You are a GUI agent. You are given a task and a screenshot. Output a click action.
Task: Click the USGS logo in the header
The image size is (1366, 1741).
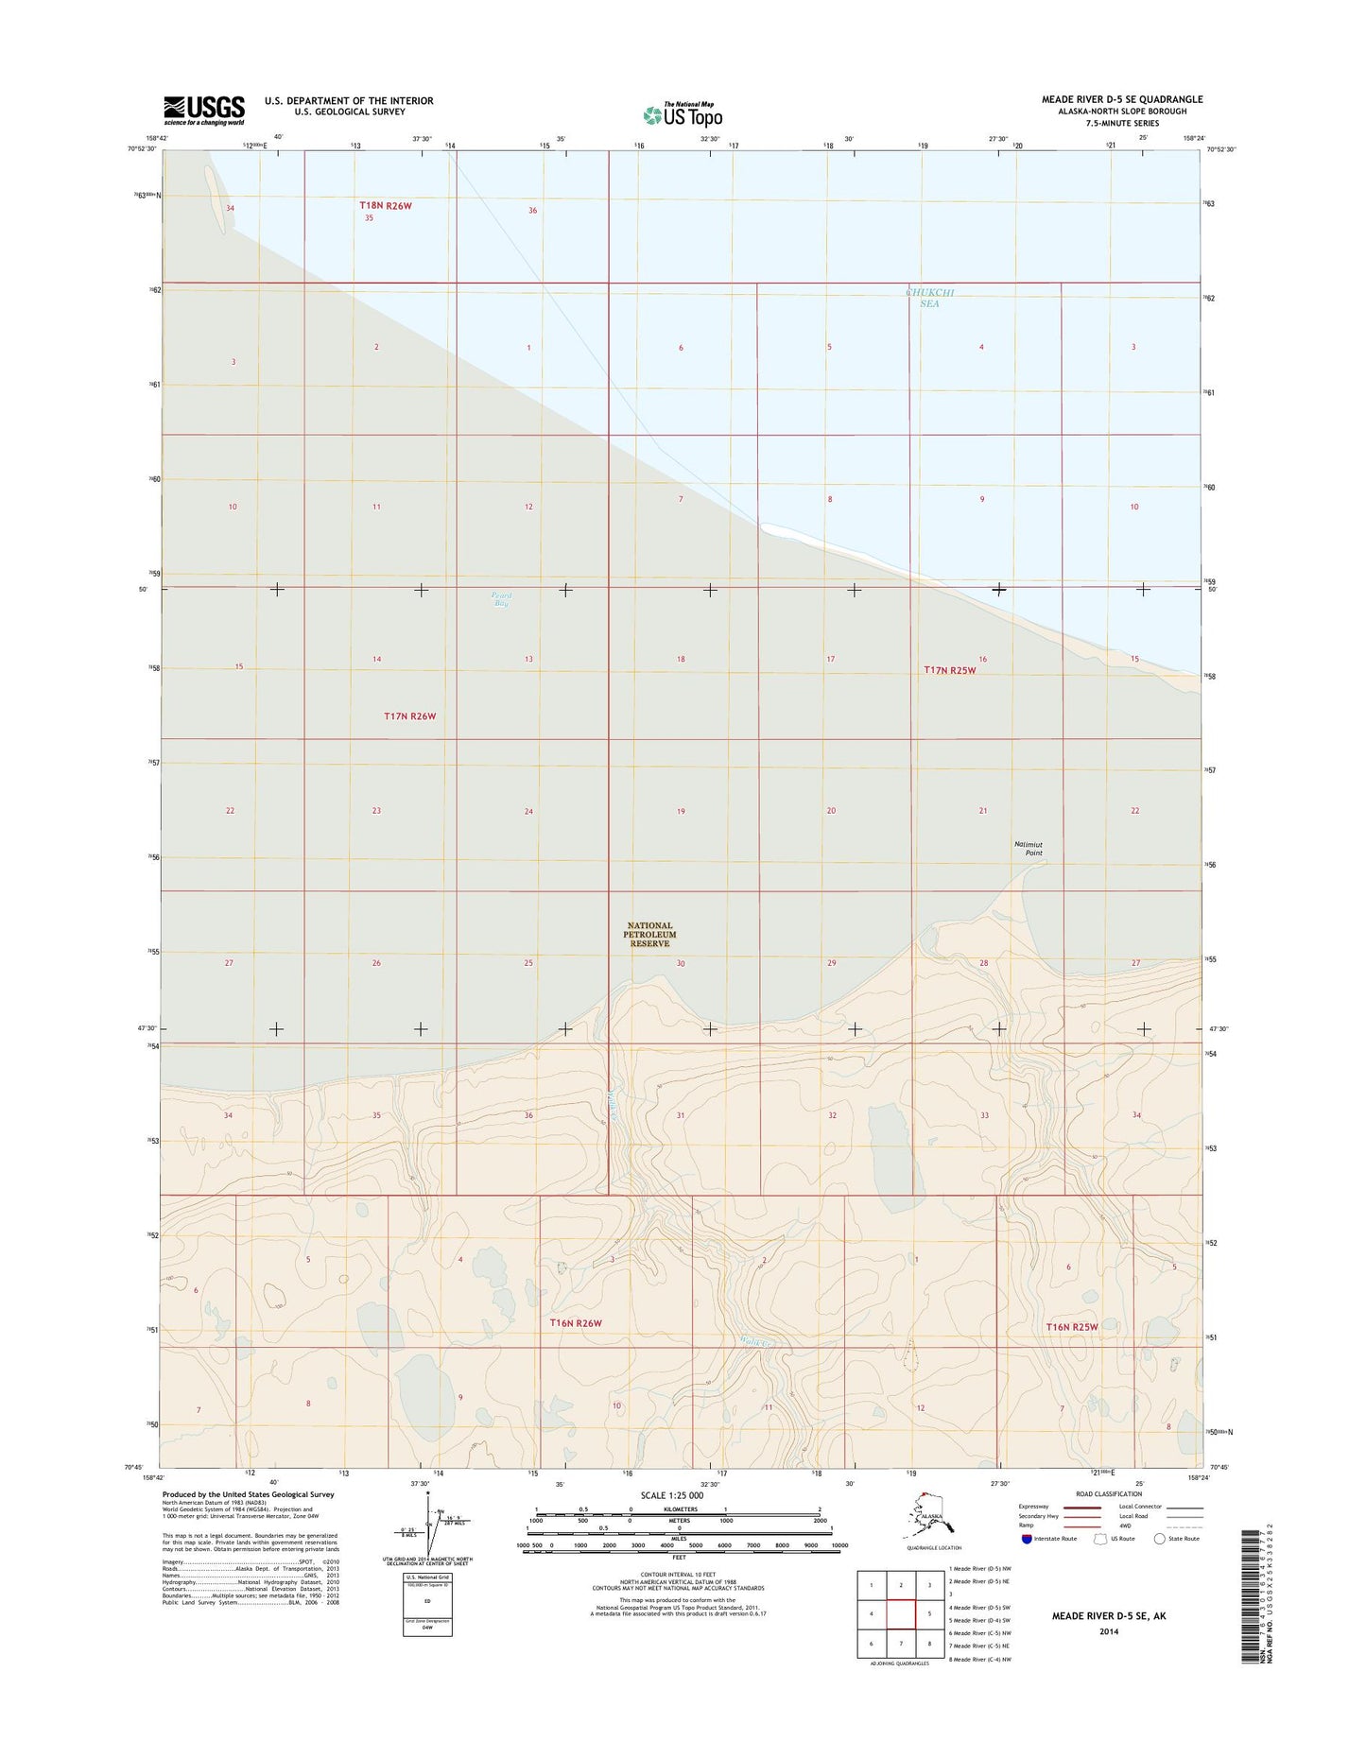pos(204,110)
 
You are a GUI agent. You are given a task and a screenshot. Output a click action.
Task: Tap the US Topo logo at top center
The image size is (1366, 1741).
pos(683,114)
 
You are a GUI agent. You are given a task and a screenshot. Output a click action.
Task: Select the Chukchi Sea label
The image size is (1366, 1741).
pos(930,298)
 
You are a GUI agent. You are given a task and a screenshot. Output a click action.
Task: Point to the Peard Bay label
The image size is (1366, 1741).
pos(501,599)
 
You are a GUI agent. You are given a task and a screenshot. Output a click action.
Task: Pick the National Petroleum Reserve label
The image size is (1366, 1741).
pos(650,935)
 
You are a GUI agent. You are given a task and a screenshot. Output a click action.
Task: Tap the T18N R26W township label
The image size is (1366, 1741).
pos(386,205)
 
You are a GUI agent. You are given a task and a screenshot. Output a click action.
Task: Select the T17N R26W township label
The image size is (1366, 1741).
pos(410,716)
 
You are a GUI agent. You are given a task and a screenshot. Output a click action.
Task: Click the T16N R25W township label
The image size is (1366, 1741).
pos(1072,1327)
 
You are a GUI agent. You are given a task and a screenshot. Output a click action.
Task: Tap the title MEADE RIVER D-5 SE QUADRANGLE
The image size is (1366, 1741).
pos(1122,99)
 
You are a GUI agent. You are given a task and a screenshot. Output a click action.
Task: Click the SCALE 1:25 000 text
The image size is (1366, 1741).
pos(672,1496)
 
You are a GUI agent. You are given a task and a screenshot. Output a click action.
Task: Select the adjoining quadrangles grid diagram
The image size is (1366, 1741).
pos(900,1615)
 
